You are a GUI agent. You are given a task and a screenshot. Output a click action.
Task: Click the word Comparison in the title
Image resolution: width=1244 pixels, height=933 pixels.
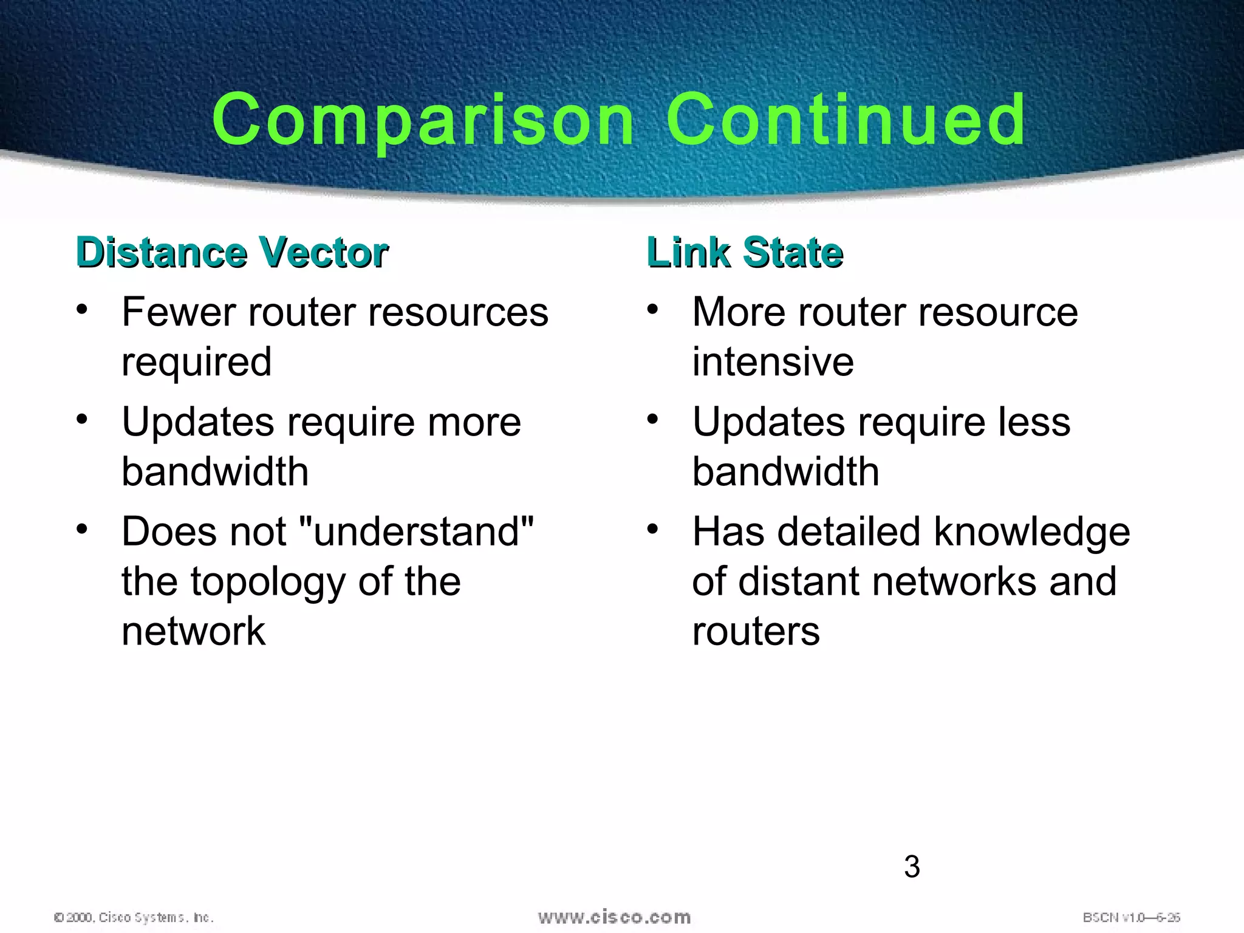point(423,120)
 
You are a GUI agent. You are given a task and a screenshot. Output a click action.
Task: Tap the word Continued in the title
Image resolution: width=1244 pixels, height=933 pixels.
point(846,120)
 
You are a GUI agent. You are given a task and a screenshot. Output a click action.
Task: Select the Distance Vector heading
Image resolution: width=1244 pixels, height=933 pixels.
point(232,252)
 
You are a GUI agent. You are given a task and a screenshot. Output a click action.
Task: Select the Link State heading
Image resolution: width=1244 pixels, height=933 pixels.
point(745,252)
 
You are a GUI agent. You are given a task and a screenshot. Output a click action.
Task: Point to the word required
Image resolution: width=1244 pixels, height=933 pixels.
point(196,362)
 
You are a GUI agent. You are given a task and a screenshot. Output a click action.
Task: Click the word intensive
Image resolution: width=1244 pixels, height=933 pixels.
point(773,362)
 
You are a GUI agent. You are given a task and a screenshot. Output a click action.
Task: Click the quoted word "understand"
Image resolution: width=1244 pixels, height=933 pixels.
point(417,531)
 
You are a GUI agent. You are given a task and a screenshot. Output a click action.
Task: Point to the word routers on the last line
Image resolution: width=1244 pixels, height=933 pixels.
point(756,631)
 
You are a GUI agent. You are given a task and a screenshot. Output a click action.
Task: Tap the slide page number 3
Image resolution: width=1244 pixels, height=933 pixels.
point(912,867)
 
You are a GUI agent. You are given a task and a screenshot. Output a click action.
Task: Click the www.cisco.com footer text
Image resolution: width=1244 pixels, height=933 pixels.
point(614,917)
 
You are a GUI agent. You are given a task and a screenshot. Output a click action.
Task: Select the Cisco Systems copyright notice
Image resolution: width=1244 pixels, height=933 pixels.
point(134,917)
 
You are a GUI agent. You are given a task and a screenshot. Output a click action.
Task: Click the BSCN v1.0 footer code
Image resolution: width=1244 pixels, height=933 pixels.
point(1131,917)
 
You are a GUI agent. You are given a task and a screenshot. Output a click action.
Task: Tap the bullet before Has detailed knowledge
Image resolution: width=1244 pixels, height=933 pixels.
point(652,529)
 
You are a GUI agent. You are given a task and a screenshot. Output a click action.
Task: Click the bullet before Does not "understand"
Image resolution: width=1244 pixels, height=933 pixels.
point(82,529)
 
